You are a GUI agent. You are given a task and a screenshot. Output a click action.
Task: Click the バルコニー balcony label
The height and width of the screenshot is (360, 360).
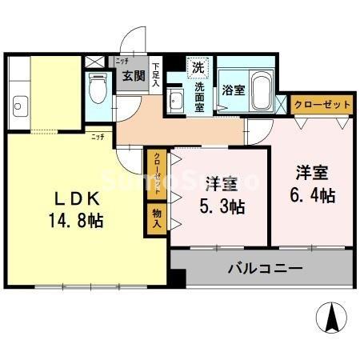[x=264, y=268]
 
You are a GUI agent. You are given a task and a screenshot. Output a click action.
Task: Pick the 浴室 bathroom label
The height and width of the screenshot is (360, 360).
[x=234, y=90]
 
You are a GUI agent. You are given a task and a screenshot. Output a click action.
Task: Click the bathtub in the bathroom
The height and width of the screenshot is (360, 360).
[x=261, y=90]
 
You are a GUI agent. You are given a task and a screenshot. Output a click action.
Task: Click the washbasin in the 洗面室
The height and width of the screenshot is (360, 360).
[x=176, y=102]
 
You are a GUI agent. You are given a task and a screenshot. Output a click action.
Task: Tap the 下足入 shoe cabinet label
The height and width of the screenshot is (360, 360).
[x=156, y=75]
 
